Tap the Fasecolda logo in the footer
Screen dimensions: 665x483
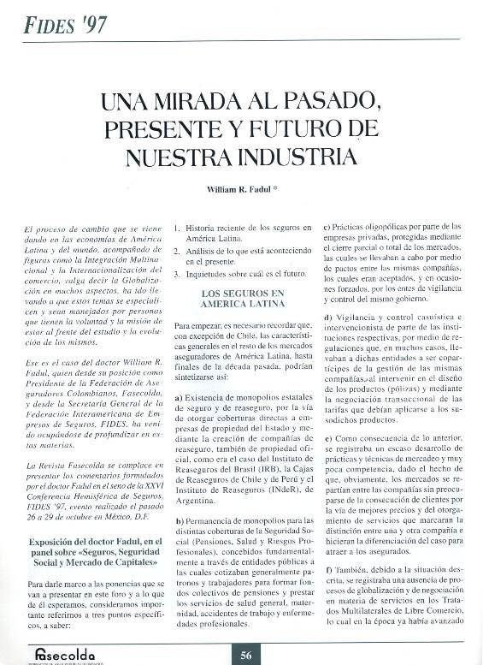click(64, 652)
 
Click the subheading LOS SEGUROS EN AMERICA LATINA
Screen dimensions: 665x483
click(241, 299)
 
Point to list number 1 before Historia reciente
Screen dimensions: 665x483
click(177, 229)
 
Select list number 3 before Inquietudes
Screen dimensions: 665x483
click(177, 274)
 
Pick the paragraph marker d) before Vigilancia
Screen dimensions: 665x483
click(328, 319)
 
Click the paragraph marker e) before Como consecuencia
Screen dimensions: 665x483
click(327, 437)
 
